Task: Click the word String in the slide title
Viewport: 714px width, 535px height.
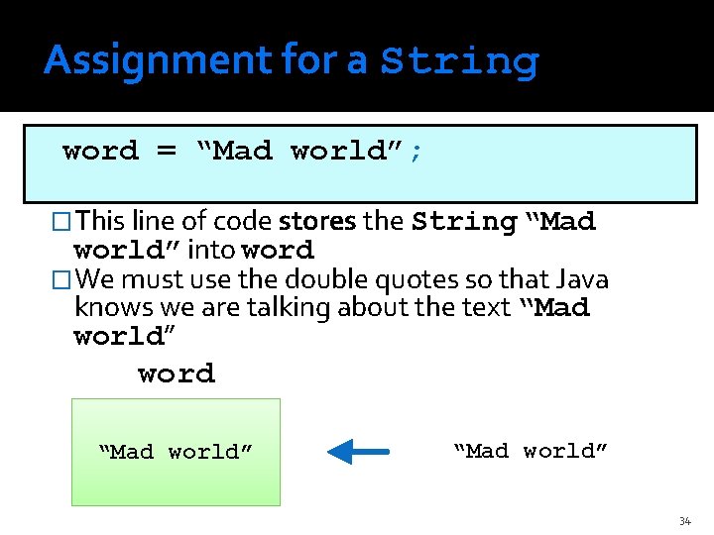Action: click(x=459, y=61)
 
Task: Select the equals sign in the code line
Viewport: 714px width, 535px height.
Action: click(x=166, y=152)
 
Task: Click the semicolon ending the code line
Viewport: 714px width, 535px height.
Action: click(x=416, y=152)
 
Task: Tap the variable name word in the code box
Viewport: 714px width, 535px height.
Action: click(x=100, y=152)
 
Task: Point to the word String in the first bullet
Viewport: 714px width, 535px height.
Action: click(x=463, y=221)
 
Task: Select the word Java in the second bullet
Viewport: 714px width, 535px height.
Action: click(x=583, y=279)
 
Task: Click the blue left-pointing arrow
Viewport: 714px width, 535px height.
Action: click(x=358, y=453)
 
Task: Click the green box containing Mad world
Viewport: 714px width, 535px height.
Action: click(x=176, y=452)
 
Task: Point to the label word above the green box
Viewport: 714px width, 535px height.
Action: click(x=176, y=374)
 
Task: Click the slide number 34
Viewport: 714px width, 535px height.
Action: click(x=684, y=521)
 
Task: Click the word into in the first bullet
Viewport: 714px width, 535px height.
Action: click(x=212, y=250)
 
